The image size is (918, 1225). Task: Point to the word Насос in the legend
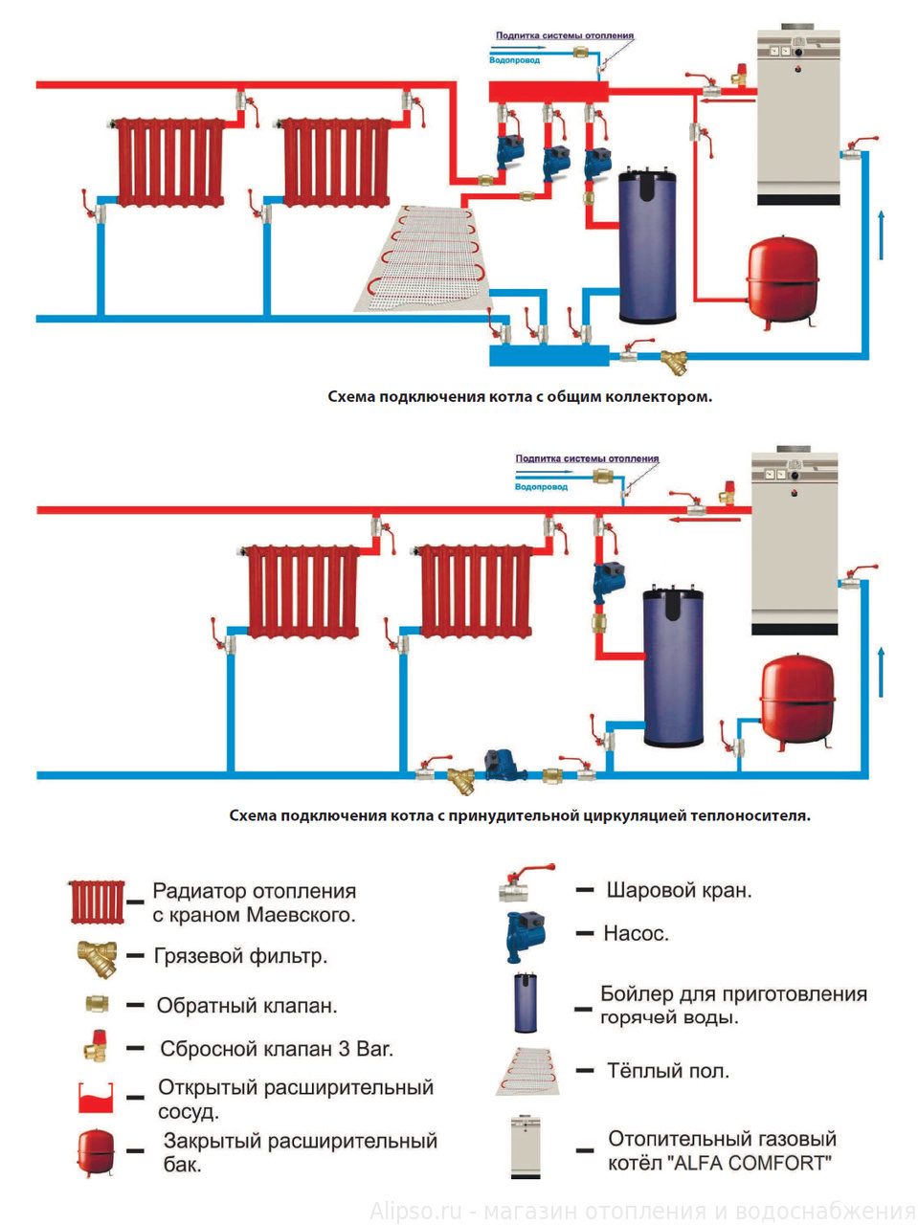[636, 933]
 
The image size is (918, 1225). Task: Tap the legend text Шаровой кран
[679, 890]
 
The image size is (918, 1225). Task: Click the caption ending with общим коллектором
[520, 396]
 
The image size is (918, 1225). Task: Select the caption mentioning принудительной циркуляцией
[520, 816]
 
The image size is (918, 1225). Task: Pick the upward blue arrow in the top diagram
[880, 234]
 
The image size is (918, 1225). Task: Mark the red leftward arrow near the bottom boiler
[690, 519]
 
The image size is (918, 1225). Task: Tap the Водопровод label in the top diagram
[514, 60]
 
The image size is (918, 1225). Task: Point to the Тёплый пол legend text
[667, 1071]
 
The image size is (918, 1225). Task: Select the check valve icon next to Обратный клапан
[97, 1005]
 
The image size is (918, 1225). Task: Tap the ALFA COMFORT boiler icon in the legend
[526, 1147]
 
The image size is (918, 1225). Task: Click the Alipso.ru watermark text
[642, 1211]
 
